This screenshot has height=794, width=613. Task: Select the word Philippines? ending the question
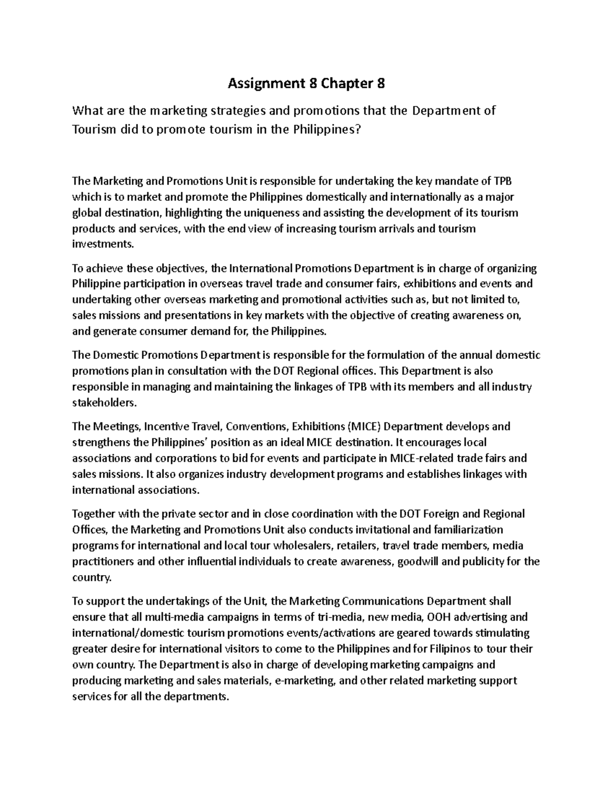(326, 129)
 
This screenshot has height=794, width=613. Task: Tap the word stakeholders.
(105, 402)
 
